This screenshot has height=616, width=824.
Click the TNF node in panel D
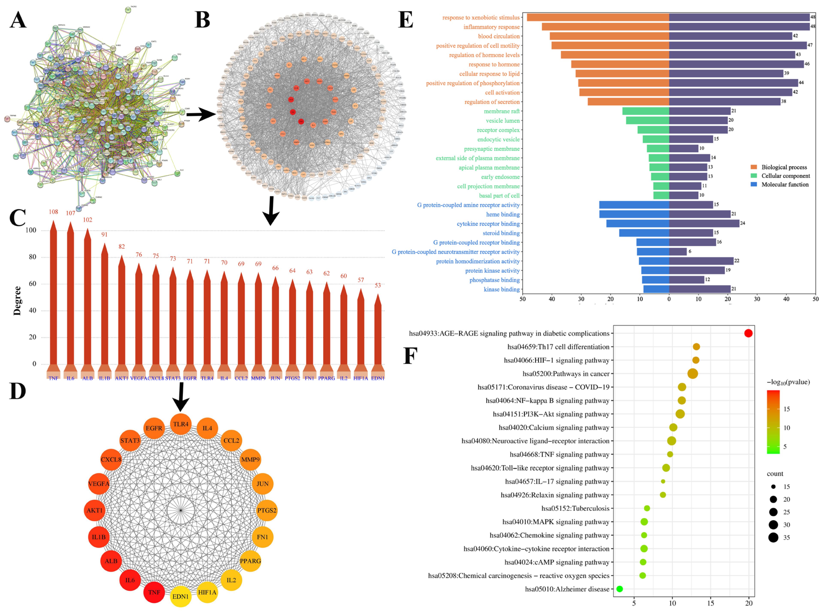pos(154,592)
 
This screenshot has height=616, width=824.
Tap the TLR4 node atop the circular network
pos(181,424)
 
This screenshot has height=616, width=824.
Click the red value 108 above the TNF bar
pos(53,212)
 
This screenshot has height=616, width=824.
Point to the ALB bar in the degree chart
pos(88,298)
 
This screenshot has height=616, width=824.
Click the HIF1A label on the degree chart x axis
pos(360,378)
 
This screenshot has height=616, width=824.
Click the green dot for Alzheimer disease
pos(620,589)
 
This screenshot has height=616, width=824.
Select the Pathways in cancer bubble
pos(692,373)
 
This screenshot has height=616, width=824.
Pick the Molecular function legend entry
pos(785,184)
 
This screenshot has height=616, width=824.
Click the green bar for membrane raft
pos(645,111)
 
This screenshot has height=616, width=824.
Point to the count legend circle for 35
pos(773,538)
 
